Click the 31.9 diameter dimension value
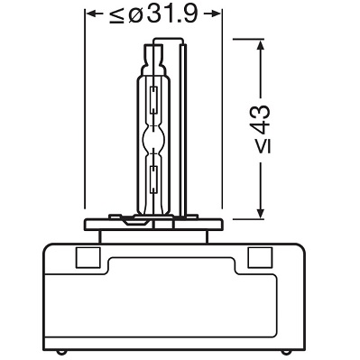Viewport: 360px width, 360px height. tap(173, 14)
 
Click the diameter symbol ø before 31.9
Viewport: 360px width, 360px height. tap(136, 14)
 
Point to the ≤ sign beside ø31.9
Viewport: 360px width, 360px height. tap(116, 15)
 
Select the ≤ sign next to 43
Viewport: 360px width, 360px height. tap(263, 146)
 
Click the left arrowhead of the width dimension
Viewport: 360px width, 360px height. tap(90, 14)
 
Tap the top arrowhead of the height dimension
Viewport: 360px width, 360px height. tap(261, 44)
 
